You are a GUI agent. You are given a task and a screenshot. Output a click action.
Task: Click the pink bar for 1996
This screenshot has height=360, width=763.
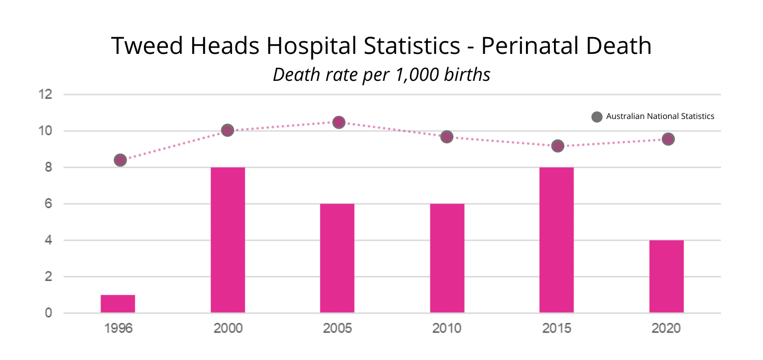point(118,304)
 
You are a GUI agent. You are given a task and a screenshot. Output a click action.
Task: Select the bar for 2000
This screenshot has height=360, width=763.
point(227,239)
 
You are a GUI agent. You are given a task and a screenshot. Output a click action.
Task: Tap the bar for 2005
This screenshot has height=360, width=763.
point(337,258)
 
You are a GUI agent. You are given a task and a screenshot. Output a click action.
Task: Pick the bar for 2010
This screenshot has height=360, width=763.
point(447,258)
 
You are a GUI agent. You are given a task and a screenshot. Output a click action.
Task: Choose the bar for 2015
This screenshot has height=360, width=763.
point(556,239)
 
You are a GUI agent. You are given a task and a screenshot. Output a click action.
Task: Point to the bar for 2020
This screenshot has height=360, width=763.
point(666,276)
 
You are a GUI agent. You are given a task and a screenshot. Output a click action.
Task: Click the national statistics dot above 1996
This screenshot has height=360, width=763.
point(120,160)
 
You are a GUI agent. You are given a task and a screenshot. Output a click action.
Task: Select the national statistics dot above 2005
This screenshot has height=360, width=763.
point(339,122)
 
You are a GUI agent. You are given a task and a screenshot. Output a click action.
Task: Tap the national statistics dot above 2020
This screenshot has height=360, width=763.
point(668,139)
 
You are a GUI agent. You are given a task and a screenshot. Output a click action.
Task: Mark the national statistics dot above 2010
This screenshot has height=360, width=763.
point(447,137)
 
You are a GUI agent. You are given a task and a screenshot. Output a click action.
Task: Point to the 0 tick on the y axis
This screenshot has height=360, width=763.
point(48,313)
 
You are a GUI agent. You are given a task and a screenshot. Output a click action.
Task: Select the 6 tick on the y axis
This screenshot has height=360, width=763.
point(48,204)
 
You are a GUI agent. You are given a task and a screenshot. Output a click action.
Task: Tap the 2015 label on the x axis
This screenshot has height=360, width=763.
point(556,328)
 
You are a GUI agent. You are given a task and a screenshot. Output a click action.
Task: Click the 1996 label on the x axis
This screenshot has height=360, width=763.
point(118,328)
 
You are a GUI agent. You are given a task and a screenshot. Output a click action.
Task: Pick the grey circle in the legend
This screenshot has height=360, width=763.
point(597,116)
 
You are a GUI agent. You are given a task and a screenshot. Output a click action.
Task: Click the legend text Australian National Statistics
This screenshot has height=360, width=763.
point(660,116)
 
